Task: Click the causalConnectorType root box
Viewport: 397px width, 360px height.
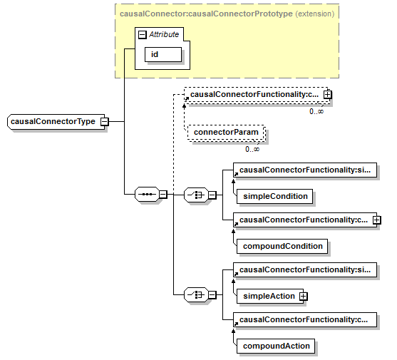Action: (56, 122)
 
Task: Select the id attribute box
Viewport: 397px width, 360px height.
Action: (163, 54)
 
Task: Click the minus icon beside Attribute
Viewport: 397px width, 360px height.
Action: (143, 35)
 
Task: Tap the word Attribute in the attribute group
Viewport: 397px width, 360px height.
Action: (164, 34)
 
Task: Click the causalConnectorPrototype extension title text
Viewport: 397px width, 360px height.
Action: (227, 14)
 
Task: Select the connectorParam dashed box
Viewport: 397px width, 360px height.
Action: (226, 133)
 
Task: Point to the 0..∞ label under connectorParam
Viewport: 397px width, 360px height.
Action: (252, 150)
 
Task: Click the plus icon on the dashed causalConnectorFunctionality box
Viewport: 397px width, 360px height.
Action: (327, 95)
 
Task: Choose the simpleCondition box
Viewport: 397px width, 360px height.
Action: (274, 196)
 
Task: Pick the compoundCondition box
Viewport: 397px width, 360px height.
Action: (282, 246)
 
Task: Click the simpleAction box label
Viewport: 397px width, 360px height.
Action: (269, 296)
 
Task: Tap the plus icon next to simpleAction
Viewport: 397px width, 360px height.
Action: (303, 297)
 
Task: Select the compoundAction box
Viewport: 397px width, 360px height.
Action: (276, 346)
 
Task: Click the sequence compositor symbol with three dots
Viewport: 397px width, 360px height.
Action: (147, 195)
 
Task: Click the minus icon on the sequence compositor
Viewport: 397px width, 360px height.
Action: (163, 195)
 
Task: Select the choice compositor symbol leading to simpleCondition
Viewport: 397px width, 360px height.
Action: (196, 195)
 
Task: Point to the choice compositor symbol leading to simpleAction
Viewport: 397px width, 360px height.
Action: (196, 294)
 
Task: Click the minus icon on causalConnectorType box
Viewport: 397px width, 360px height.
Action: (104, 122)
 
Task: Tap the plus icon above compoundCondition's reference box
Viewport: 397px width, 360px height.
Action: (376, 220)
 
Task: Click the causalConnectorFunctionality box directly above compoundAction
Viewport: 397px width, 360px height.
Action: (305, 320)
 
